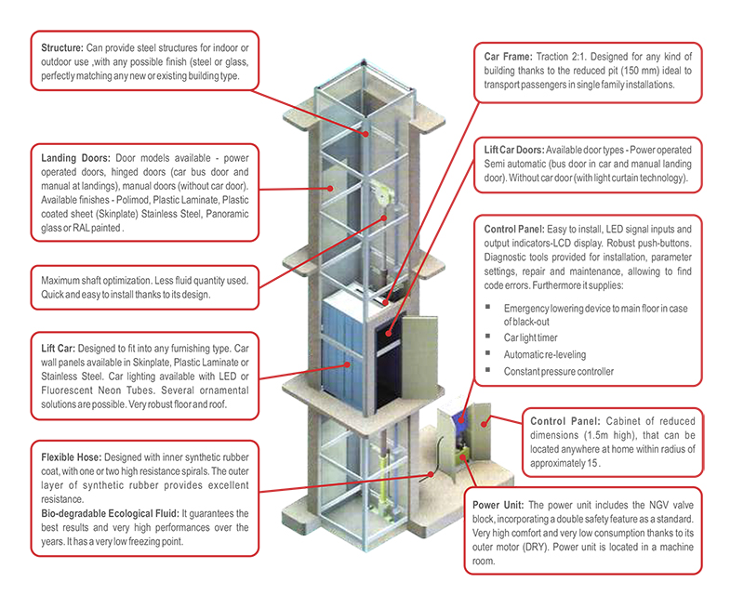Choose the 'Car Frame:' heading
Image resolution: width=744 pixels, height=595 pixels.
pyautogui.click(x=509, y=56)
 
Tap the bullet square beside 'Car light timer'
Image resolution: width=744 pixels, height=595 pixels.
pyautogui.click(x=488, y=336)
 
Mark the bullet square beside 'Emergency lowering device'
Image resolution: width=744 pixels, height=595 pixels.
pyautogui.click(x=488, y=306)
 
